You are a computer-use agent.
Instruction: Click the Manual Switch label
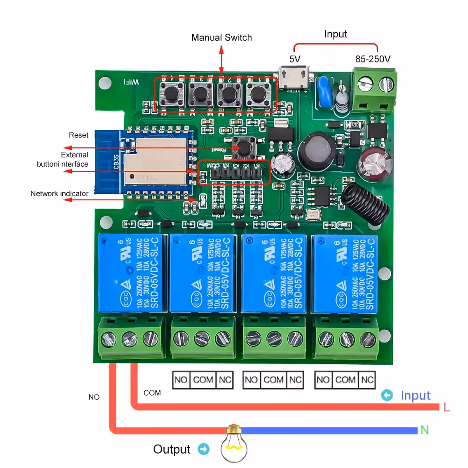[221, 37]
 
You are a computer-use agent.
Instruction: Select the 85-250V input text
[372, 59]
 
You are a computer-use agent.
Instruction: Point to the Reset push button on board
[244, 147]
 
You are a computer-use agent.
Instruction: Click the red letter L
[447, 407]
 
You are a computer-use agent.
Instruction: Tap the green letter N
[424, 430]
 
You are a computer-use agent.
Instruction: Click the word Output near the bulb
[172, 449]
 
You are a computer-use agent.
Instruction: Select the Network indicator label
[59, 193]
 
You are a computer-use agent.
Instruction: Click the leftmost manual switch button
[171, 94]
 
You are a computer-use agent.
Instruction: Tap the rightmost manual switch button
[257, 94]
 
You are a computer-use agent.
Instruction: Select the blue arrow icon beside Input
[387, 395]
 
